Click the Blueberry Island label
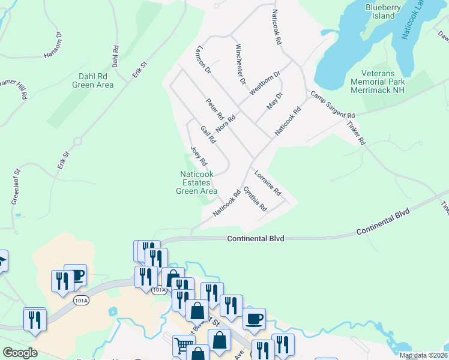(x=382, y=11)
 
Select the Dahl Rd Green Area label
(x=92, y=80)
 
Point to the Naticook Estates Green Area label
(x=196, y=182)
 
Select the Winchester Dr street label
(x=241, y=64)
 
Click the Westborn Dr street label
(x=265, y=83)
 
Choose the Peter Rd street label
(x=214, y=109)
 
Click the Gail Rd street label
(x=208, y=135)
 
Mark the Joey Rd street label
(x=199, y=155)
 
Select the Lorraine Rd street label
(x=267, y=183)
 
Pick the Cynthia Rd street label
(x=255, y=198)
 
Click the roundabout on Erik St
(x=77, y=142)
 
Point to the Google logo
(x=20, y=353)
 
